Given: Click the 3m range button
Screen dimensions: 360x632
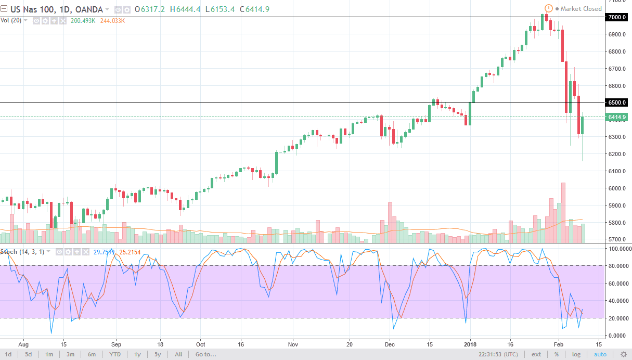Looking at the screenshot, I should (70, 354).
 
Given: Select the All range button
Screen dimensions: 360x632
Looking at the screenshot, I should (178, 354).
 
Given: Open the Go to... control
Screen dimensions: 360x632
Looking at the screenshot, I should (205, 354).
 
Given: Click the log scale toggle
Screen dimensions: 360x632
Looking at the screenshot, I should (576, 354).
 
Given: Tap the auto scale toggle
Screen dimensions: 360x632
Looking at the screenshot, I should (600, 354).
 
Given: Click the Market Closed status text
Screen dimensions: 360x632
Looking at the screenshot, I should (581, 9).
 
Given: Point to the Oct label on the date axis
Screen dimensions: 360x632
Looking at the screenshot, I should (201, 344).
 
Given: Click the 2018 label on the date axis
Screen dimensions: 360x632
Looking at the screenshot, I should (470, 344).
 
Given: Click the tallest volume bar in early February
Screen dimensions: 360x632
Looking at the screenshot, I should (563, 213).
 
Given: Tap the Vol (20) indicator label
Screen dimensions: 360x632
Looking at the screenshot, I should (11, 20).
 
